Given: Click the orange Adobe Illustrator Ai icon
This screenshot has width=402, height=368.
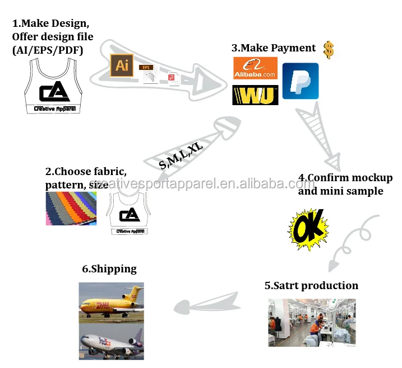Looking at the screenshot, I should pos(121,65).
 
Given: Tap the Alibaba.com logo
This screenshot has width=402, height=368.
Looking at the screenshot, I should pos(255,70).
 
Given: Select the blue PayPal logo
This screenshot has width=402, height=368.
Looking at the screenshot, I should pos(300,81).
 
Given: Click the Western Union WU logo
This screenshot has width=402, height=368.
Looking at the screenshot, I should pos(255,95).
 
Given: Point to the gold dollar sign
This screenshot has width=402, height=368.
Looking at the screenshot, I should pos(329,50).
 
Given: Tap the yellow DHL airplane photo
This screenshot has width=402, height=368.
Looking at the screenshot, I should pos(111,303).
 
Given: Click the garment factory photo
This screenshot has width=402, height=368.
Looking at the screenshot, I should pos(311,323).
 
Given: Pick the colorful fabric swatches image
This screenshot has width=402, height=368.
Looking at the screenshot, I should pos(71,209).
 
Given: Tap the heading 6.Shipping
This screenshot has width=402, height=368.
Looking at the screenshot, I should pos(109,269).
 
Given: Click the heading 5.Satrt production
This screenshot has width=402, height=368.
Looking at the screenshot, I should pos(311,286).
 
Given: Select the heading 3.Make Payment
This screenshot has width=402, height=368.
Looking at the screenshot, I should pos(274,48).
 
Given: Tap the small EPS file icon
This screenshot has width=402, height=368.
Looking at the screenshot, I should pos(147,74).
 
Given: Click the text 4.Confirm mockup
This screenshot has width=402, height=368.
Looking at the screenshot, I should pos(345,178).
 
